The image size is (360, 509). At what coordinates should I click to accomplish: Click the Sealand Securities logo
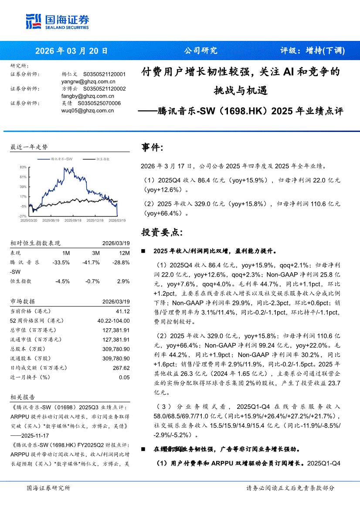[57, 21]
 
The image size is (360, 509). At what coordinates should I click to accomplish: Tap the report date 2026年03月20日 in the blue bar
[71, 51]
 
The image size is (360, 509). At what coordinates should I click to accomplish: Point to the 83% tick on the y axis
[23, 167]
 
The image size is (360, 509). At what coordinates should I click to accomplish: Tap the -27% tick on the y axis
[23, 216]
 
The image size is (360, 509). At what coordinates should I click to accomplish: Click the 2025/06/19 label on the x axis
[52, 221]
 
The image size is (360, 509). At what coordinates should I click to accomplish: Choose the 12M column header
[124, 253]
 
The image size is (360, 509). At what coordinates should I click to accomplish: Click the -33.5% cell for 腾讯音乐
[61, 263]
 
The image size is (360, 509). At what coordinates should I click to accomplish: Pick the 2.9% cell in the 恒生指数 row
[123, 281]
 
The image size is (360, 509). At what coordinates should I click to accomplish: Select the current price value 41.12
[123, 311]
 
